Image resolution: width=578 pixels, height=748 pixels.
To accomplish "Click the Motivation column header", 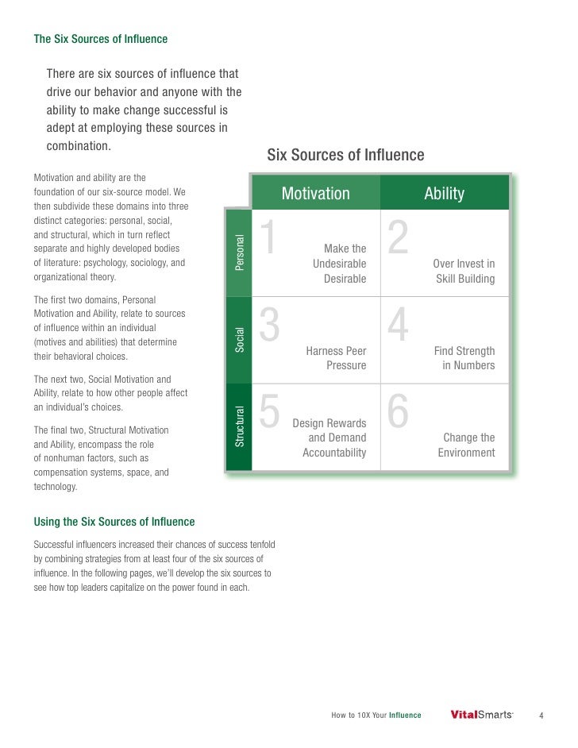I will click(315, 194).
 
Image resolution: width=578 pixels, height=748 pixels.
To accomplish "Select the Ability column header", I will click(444, 194).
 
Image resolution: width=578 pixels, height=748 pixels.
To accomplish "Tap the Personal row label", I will click(239, 253).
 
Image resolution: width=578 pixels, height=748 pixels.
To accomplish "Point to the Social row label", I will click(239, 339).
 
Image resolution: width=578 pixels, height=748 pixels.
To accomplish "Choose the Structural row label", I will click(239, 426).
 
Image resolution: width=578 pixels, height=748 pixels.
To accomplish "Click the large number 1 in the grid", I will click(270, 240).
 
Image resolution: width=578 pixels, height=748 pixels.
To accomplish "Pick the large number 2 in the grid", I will click(398, 240).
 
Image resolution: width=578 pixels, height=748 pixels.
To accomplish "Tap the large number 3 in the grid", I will click(270, 327).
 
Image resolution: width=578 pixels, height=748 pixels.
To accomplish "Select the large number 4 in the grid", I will click(398, 327).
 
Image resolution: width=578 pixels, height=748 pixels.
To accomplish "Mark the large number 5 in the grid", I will click(270, 414).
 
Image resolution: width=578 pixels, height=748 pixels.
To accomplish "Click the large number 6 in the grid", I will click(398, 414).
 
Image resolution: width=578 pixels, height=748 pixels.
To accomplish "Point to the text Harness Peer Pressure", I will click(336, 358).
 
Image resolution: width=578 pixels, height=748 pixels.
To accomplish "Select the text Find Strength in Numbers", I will click(464, 358).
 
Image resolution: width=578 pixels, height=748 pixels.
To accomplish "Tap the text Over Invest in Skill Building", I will click(464, 272).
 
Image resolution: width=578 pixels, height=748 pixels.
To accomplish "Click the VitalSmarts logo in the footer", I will click(481, 715).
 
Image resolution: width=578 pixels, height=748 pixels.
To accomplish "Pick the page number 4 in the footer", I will click(541, 715).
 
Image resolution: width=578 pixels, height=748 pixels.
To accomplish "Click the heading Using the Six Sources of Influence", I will click(114, 522).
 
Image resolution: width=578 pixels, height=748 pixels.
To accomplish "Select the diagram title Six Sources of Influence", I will click(345, 155).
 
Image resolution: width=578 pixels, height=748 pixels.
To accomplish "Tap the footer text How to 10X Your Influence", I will click(376, 715).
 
